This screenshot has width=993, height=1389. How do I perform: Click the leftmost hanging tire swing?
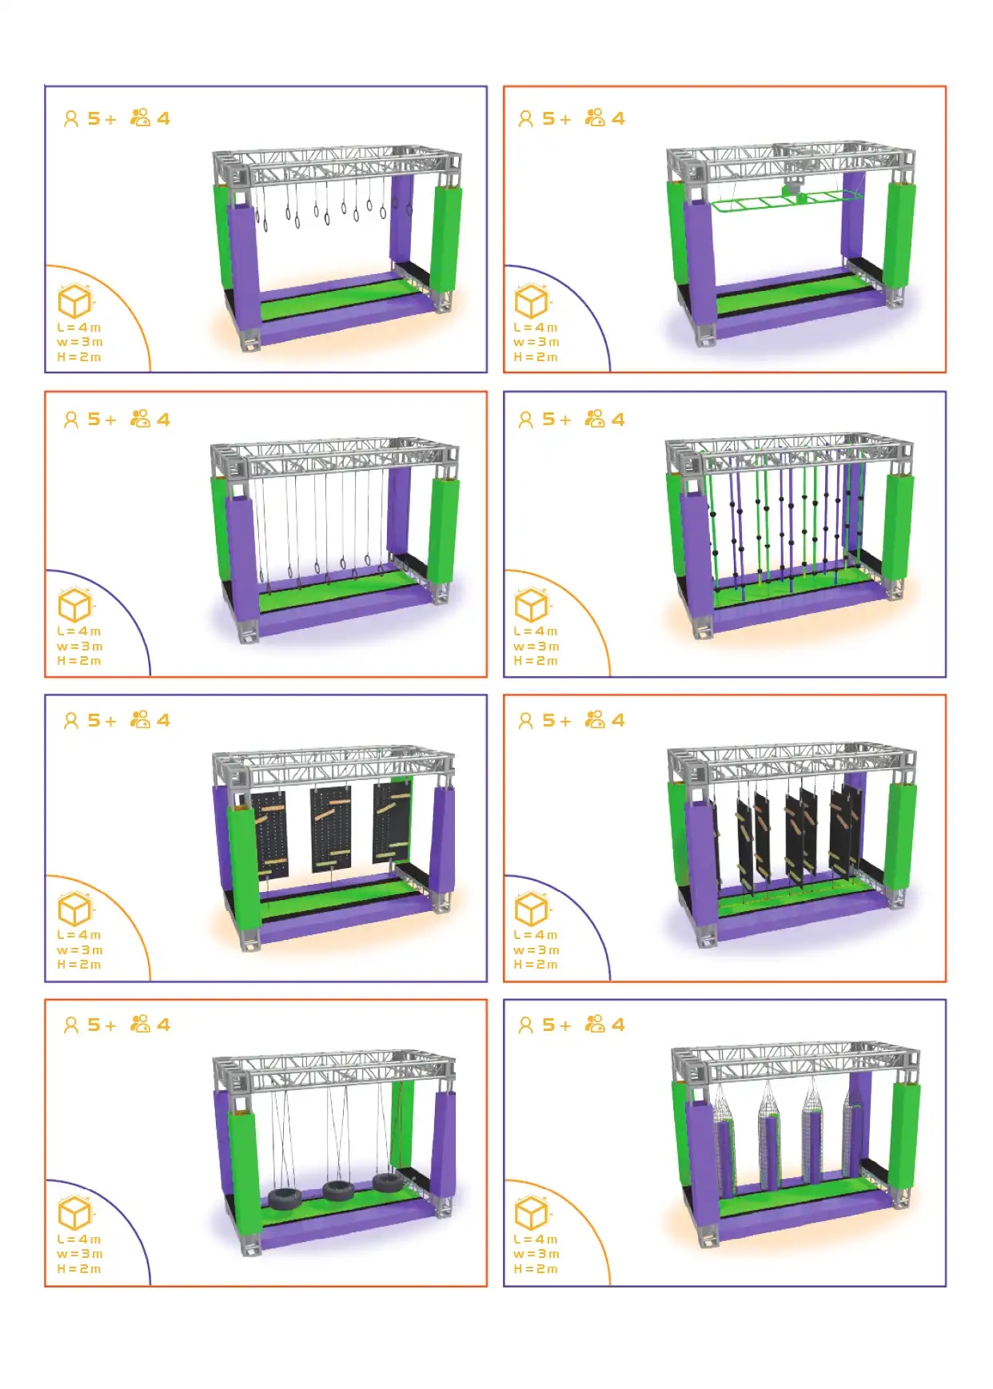pyautogui.click(x=284, y=1199)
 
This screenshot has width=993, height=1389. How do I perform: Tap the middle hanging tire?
pyautogui.click(x=338, y=1191)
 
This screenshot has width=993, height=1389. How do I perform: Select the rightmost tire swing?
pyautogui.click(x=388, y=1183)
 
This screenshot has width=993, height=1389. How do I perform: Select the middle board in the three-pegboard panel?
pyautogui.click(x=330, y=827)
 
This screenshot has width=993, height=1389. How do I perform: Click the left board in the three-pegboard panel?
pyautogui.click(x=270, y=835)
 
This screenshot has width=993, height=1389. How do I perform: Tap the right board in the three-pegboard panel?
pyautogui.click(x=392, y=821)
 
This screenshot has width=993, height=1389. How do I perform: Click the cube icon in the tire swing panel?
pyautogui.click(x=75, y=1214)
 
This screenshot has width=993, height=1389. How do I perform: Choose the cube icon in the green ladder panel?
pyautogui.click(x=532, y=301)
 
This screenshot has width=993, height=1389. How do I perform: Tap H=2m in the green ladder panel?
pyautogui.click(x=536, y=357)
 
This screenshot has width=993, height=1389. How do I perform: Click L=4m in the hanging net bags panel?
pyautogui.click(x=536, y=1240)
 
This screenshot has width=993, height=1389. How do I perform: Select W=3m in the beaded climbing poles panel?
pyautogui.click(x=536, y=647)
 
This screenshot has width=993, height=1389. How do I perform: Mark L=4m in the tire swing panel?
pyautogui.click(x=79, y=1240)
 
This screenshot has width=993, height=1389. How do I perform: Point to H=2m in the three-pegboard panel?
pyautogui.click(x=79, y=965)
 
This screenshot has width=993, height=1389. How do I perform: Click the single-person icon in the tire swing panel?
pyautogui.click(x=71, y=1025)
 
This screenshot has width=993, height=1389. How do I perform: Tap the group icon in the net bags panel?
pyautogui.click(x=595, y=1025)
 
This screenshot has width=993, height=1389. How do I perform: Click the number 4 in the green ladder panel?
pyautogui.click(x=618, y=119)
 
